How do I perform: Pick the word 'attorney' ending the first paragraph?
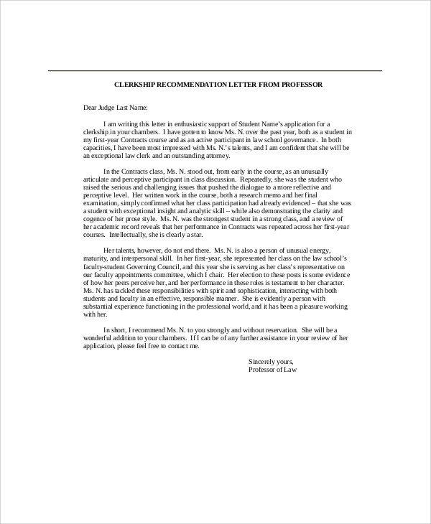[x=213, y=156]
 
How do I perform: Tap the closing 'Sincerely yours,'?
[x=270, y=362]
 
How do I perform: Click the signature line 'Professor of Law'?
[x=272, y=370]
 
